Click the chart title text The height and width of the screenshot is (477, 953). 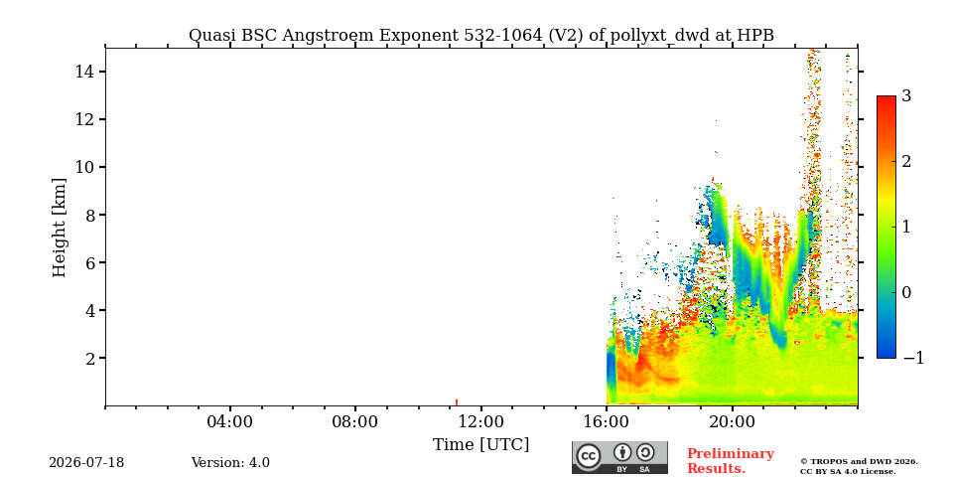tap(481, 36)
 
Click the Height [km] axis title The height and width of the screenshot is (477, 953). tap(59, 229)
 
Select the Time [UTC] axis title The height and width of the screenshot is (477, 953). tap(480, 445)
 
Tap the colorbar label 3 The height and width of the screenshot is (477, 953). tap(906, 95)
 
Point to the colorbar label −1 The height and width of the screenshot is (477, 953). tap(913, 358)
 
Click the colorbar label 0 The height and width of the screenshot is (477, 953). tap(906, 292)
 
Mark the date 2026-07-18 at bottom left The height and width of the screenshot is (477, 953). tap(86, 463)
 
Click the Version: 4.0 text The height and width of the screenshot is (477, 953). tap(230, 463)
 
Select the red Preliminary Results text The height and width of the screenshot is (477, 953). tap(731, 461)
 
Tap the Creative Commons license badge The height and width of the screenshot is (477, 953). tap(619, 457)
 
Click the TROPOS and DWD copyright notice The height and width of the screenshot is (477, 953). tap(859, 467)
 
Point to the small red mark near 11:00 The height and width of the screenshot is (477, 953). tap(457, 402)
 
